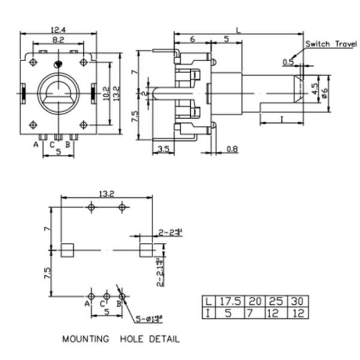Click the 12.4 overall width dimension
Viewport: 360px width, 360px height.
58,29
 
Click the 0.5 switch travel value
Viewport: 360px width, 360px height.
287,62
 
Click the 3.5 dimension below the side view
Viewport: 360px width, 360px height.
163,148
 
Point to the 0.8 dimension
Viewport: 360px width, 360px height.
232,148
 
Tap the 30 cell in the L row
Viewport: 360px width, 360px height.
298,301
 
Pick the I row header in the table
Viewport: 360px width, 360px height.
208,312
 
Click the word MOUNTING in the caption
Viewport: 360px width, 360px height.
86,339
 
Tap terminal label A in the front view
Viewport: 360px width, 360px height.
35,145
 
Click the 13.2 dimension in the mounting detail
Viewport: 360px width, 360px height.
106,193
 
